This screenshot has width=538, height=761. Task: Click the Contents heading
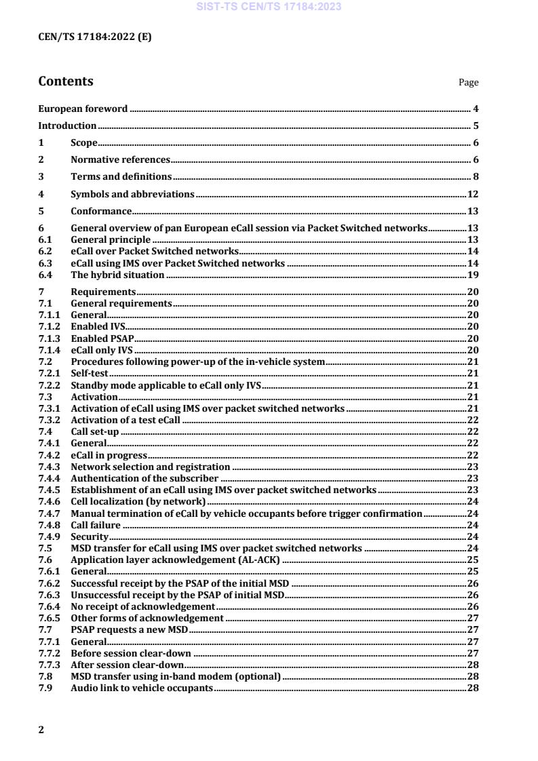coord(66,81)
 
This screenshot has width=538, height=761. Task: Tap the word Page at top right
coord(468,83)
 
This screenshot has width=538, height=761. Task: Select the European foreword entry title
coord(83,109)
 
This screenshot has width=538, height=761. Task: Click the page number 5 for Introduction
coord(476,125)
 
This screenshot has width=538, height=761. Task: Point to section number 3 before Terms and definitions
coord(41,177)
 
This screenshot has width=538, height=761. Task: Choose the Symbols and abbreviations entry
coord(132,194)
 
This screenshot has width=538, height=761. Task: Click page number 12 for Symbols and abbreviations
coord(474,194)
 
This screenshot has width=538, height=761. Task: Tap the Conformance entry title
coord(101,211)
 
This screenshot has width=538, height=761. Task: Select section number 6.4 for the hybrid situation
coord(45,275)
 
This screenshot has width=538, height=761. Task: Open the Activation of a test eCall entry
coord(126,421)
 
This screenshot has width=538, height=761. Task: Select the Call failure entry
coord(96,524)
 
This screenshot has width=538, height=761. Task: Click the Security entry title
coord(90,536)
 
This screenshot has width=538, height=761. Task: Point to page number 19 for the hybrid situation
coord(474,275)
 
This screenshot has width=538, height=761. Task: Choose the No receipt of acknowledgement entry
coord(143,606)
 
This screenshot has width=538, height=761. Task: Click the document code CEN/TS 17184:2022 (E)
coord(95,37)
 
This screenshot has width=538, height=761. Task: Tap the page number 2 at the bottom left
coord(41,729)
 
